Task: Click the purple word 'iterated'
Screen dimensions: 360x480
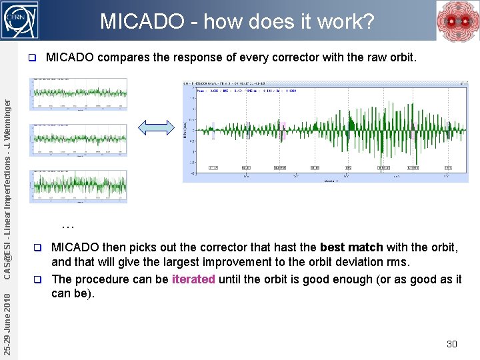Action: (x=193, y=279)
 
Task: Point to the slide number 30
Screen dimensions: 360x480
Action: (x=451, y=344)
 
